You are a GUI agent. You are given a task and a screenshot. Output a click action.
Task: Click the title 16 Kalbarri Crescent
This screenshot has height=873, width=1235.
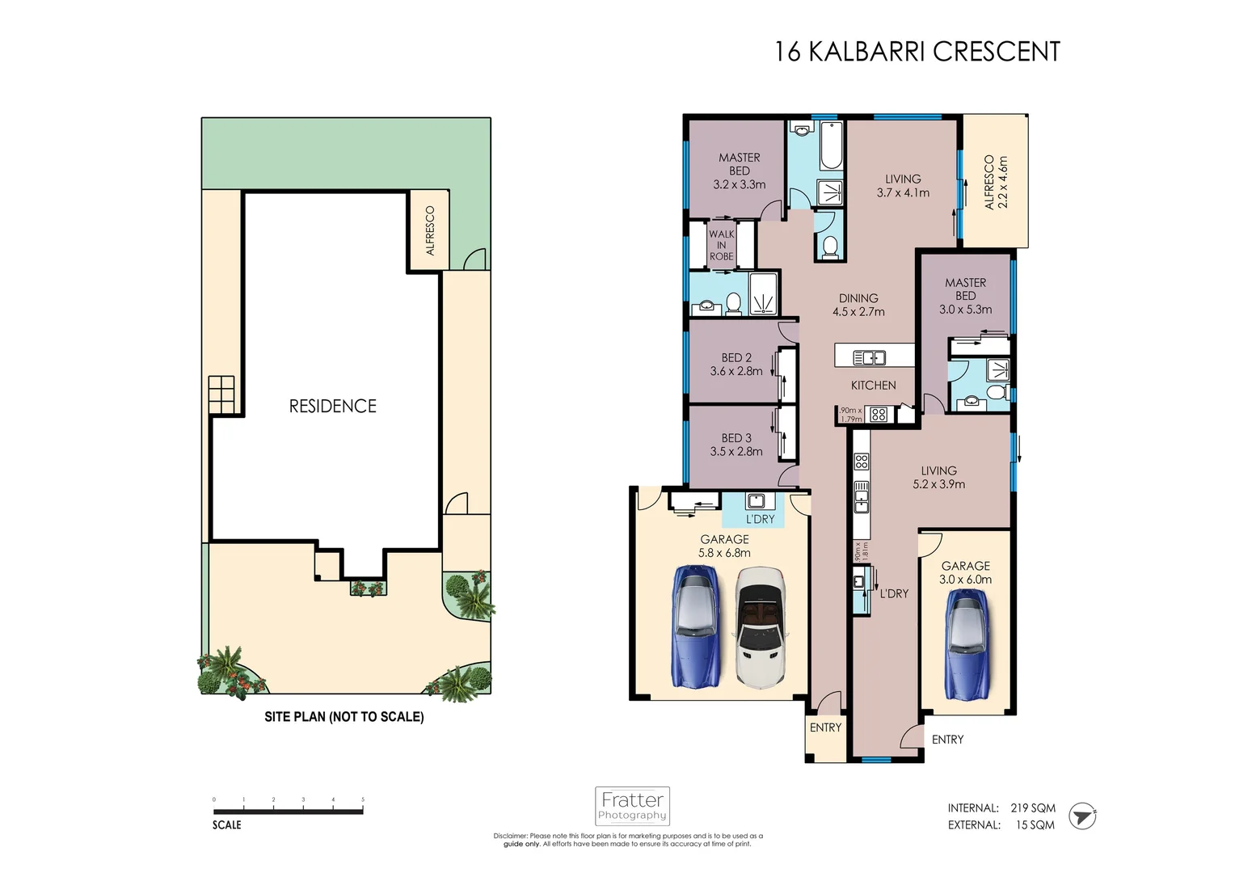point(917,52)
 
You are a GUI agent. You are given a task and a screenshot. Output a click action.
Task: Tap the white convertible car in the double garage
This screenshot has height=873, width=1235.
point(760,627)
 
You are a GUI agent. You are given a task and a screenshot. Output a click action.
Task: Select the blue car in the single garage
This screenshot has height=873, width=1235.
point(967,643)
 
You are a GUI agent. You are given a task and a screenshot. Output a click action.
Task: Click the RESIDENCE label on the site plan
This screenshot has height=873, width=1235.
point(333,406)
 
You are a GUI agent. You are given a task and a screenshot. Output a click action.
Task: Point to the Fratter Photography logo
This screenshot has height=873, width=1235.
point(632,806)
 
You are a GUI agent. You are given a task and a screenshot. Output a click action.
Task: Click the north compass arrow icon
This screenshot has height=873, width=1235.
point(1082,816)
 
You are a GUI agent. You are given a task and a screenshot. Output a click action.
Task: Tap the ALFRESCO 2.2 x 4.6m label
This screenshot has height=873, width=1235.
point(996,182)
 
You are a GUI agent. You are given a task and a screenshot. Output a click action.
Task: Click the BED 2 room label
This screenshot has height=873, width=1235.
point(736,365)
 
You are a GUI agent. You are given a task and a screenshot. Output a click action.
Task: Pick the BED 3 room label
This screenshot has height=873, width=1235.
point(736,445)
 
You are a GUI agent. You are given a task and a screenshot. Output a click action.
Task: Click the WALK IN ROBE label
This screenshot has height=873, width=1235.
point(721,245)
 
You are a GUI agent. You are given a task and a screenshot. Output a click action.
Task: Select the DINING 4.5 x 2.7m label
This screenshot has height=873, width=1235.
point(858,305)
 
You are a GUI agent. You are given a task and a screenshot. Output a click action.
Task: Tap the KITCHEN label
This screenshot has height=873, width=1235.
point(873,386)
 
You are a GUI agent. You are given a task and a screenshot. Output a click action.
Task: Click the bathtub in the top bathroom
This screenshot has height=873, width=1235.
point(831,145)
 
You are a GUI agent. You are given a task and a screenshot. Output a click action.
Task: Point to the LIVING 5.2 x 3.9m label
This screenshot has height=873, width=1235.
point(938,477)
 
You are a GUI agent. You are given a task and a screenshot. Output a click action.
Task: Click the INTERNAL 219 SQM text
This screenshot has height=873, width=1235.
point(1001,808)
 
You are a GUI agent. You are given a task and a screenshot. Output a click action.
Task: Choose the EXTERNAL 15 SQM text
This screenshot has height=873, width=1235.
point(1001,824)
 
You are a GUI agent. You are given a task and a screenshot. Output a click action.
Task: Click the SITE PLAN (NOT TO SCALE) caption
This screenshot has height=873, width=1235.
point(344,716)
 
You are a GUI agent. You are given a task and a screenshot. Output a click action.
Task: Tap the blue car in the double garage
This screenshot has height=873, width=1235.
point(694,626)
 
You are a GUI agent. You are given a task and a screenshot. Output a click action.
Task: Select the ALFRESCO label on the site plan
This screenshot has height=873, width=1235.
point(430,231)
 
